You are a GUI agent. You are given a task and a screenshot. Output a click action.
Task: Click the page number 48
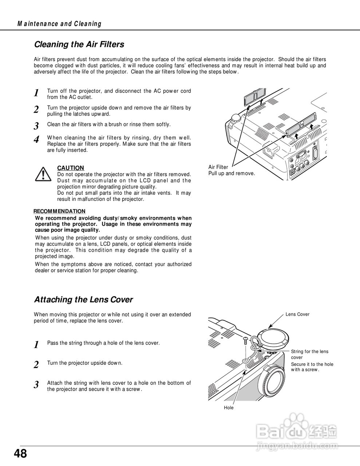(20, 454)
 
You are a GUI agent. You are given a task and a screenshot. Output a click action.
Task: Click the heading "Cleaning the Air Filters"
(79, 44)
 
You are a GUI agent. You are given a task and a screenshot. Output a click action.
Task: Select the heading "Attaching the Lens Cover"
(83, 300)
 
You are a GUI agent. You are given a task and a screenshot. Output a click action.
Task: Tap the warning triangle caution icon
(43, 174)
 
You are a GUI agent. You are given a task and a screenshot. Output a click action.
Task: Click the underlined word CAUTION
(71, 168)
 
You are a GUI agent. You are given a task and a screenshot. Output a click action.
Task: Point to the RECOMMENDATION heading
(59, 211)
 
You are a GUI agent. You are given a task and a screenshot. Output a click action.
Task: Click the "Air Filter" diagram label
(218, 167)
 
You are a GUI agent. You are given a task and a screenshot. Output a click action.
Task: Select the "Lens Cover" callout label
(297, 314)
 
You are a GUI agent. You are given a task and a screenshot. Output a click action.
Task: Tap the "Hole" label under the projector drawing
(229, 408)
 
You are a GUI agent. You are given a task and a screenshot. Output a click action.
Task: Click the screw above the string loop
(246, 341)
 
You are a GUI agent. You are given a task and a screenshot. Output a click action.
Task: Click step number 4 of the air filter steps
(36, 140)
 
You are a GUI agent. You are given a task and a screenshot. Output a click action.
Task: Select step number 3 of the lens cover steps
(36, 385)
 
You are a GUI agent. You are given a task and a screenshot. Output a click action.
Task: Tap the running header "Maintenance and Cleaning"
(59, 24)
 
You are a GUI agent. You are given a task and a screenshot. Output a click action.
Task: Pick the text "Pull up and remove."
(232, 173)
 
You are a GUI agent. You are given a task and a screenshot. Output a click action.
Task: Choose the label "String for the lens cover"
(309, 354)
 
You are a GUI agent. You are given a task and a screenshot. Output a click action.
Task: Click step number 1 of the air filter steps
(36, 93)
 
